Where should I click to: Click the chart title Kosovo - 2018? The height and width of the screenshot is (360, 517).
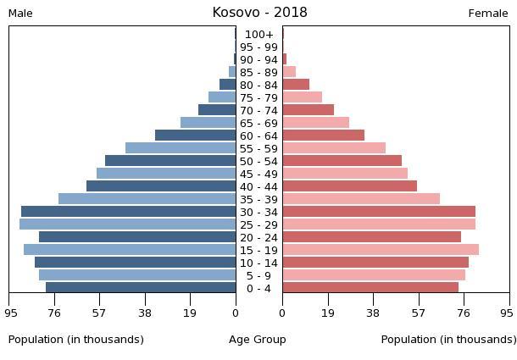(x=259, y=13)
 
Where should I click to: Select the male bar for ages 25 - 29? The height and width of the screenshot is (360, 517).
(x=127, y=224)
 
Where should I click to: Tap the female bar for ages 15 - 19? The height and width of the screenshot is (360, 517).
(x=381, y=250)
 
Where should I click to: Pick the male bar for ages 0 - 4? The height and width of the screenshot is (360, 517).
(x=141, y=288)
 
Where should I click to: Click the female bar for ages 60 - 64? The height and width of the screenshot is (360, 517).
(x=323, y=136)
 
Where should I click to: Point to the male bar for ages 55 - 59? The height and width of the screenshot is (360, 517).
(x=181, y=148)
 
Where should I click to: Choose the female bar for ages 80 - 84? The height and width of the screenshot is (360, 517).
(x=296, y=85)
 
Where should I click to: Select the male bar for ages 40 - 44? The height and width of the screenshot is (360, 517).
(x=161, y=186)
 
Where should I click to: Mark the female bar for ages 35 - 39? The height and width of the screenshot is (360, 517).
(x=361, y=199)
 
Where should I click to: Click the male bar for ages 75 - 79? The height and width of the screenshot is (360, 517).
(x=222, y=97)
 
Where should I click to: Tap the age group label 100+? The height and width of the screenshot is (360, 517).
(x=258, y=35)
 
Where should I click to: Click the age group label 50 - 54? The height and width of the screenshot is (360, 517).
(x=258, y=161)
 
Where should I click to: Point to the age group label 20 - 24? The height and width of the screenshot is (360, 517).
(x=258, y=237)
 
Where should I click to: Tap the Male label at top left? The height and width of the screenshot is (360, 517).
(x=20, y=14)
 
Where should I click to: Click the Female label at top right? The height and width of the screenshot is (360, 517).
(x=488, y=14)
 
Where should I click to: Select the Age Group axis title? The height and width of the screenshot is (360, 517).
(x=258, y=340)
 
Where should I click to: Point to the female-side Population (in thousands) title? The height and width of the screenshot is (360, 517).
(x=448, y=340)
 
